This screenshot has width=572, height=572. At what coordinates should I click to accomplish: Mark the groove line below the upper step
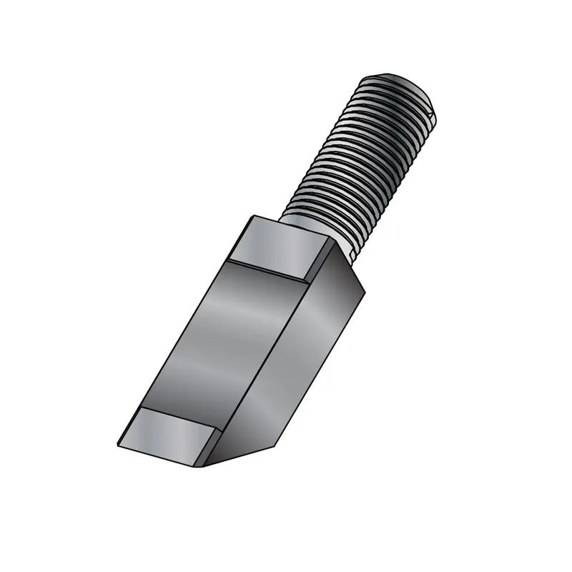pos(268,270)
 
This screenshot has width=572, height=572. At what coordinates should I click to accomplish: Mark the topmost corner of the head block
pos(254,214)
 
